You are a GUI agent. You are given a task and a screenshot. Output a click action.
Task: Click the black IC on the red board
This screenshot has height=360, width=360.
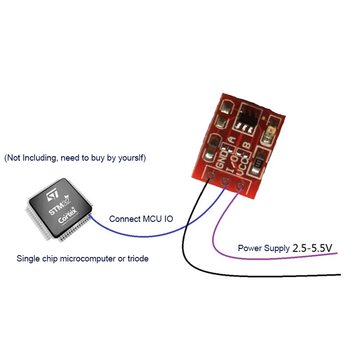point(248,117)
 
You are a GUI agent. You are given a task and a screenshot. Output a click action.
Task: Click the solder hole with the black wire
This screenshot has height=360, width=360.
point(209,176)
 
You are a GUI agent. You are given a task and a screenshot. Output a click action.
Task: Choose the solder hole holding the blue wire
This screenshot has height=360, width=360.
point(225,181)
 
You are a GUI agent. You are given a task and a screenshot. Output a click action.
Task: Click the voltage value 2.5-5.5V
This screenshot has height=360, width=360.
point(312,248)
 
